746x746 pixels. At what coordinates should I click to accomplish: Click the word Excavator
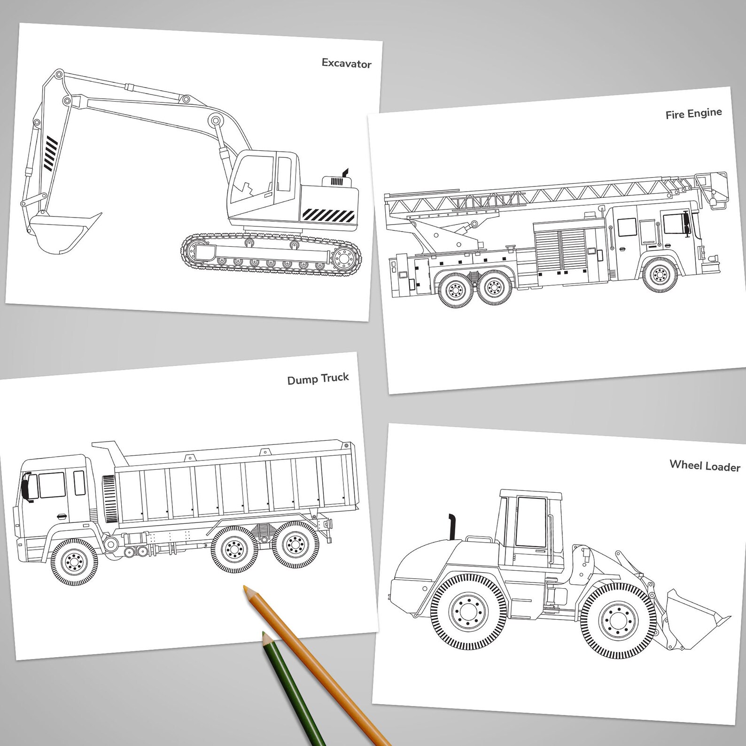coord(346,63)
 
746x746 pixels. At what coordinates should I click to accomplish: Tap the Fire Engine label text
coord(693,114)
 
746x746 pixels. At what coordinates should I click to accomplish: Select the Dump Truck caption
coord(318,379)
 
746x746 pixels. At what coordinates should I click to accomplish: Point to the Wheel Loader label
coord(705,466)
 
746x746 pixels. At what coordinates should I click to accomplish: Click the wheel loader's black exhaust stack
coord(452,526)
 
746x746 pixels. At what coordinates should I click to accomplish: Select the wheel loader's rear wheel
coord(467,611)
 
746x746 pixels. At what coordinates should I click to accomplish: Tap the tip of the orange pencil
coord(246,588)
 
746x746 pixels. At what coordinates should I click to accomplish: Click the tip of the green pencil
coord(264,635)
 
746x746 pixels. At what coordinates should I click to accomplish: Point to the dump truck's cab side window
coord(52,485)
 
